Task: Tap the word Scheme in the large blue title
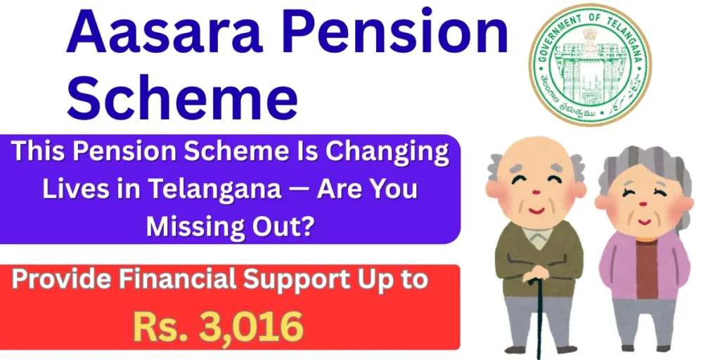click(x=182, y=98)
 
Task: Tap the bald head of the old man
click(x=534, y=158)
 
